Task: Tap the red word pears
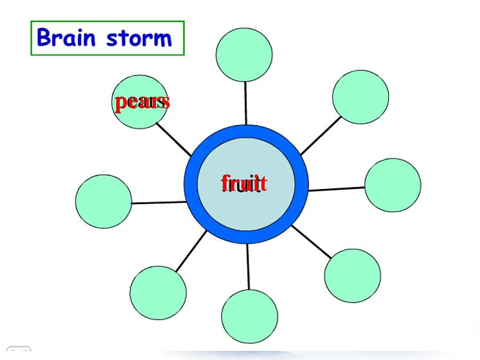(x=142, y=101)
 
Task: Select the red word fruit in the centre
(x=244, y=182)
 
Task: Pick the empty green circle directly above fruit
(x=244, y=54)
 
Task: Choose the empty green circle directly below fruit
(x=250, y=317)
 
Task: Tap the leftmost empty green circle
(x=103, y=201)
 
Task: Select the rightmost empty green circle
(x=393, y=185)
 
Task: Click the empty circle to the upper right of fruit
(x=360, y=97)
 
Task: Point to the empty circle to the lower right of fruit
(x=352, y=275)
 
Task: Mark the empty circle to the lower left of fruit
(x=158, y=293)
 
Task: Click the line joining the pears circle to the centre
(x=174, y=140)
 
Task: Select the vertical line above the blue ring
(x=245, y=103)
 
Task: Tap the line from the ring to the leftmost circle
(x=158, y=202)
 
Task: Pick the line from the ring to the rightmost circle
(x=337, y=188)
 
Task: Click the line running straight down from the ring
(x=248, y=266)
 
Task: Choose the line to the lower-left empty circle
(x=191, y=251)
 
